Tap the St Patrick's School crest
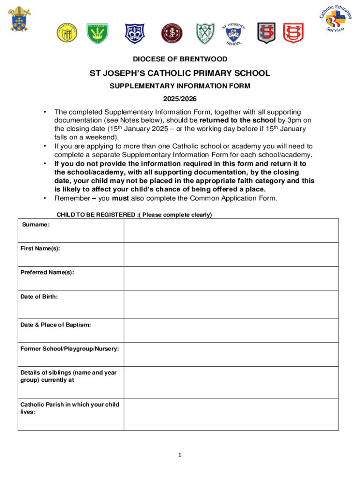pyautogui.click(x=234, y=32)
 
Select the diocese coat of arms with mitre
pyautogui.click(x=18, y=19)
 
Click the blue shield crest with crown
pyautogui.click(x=134, y=33)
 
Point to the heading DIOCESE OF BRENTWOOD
pyautogui.click(x=180, y=59)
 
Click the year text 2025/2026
pyautogui.click(x=180, y=99)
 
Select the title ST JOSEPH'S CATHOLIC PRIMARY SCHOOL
pyautogui.click(x=180, y=73)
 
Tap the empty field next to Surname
pyautogui.click(x=230, y=231)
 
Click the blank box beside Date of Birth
pyautogui.click(x=230, y=305)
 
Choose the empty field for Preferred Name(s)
pyautogui.click(x=230, y=279)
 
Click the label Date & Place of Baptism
pyautogui.click(x=56, y=325)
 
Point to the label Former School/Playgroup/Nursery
pyautogui.click(x=69, y=349)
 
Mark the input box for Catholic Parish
pyautogui.click(x=230, y=414)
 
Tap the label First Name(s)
pyautogui.click(x=40, y=248)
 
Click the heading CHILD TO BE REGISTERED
pyautogui.click(x=134, y=215)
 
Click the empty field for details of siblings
pyautogui.click(x=230, y=382)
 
